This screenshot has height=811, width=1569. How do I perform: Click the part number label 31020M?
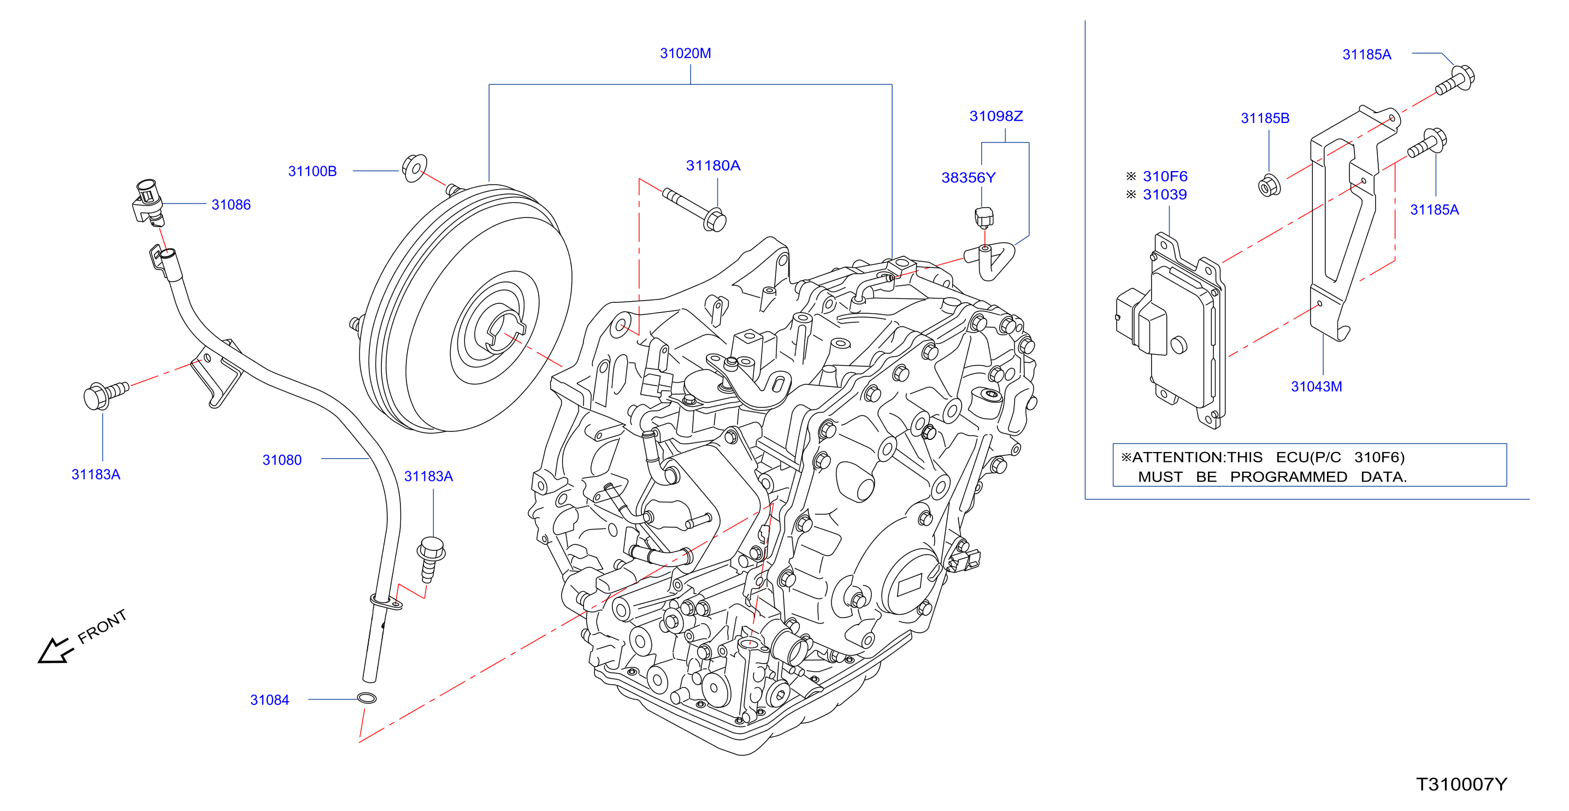pos(685,54)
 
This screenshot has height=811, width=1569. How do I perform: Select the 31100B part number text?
pos(312,171)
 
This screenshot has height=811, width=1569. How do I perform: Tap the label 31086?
pos(231,205)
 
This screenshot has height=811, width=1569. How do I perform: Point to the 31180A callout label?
pos(712,166)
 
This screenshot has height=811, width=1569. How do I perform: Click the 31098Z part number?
pos(996,116)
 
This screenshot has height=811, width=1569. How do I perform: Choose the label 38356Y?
pos(969,178)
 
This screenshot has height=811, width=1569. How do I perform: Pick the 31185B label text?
pos(1265,118)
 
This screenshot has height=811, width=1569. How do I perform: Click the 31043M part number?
pos(1316,386)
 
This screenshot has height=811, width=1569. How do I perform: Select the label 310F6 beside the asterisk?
pos(1165,177)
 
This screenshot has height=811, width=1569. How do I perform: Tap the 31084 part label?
pos(269,700)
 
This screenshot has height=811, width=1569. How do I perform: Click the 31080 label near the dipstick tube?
pos(282,460)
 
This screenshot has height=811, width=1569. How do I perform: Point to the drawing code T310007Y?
pos(1461,784)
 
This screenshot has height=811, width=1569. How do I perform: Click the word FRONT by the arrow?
pos(102,626)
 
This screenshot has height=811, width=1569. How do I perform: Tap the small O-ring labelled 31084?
pos(366,698)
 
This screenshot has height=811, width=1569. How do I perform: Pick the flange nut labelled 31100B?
pos(414,168)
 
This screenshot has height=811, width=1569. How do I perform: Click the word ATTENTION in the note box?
pos(1164,457)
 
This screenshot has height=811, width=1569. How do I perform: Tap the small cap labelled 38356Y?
pos(984,217)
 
